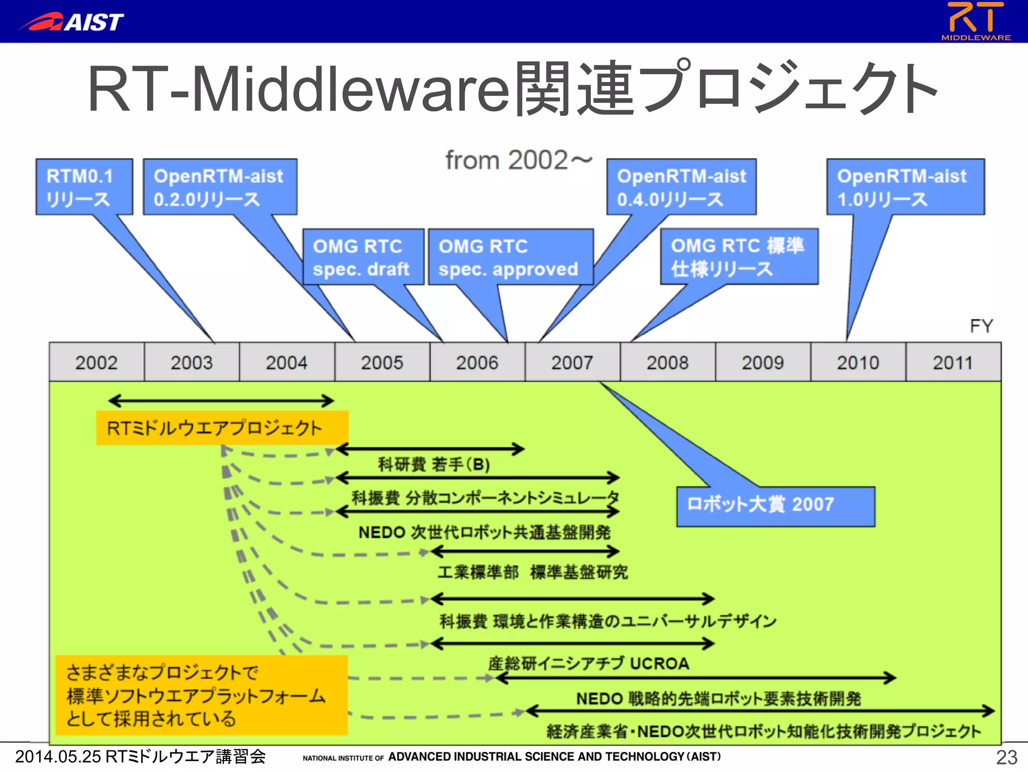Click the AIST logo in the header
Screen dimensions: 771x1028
click(x=72, y=22)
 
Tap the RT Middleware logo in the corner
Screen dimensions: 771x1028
click(x=975, y=21)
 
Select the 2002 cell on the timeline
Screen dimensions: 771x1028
click(x=96, y=362)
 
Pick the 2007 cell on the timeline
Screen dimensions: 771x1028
click(x=572, y=362)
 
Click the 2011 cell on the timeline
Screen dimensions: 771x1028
click(x=953, y=362)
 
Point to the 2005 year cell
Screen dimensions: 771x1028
click(x=382, y=362)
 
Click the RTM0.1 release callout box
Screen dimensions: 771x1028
click(x=84, y=187)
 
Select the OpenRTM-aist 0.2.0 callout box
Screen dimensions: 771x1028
click(x=220, y=187)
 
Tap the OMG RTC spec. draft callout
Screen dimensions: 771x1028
click(x=363, y=257)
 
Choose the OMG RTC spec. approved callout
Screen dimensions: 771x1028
click(x=510, y=257)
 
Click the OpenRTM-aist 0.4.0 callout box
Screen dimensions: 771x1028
click(x=681, y=187)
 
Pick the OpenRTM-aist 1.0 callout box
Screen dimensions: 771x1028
click(x=905, y=187)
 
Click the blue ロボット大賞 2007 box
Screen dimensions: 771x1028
click(x=775, y=506)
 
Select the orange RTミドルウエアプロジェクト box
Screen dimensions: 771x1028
click(x=221, y=428)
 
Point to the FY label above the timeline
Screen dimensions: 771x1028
click(x=981, y=326)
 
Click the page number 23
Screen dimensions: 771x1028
click(x=1006, y=757)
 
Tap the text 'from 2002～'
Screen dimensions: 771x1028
click(x=519, y=161)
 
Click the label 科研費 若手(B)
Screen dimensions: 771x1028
click(x=434, y=464)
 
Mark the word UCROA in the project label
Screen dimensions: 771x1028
click(x=659, y=664)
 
